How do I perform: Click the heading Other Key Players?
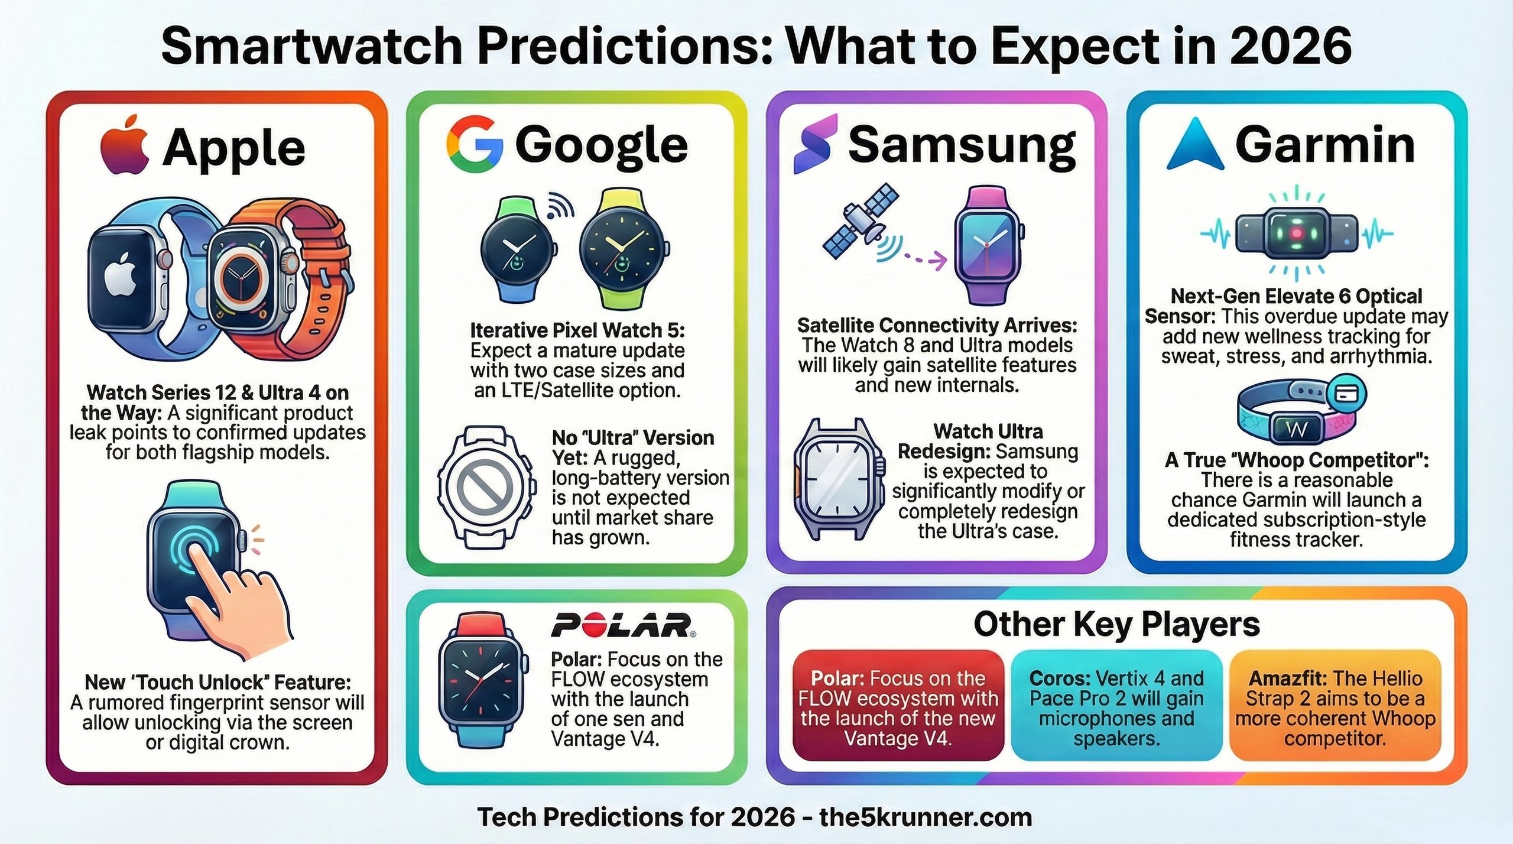tap(1116, 625)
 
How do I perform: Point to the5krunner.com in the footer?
tap(926, 817)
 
